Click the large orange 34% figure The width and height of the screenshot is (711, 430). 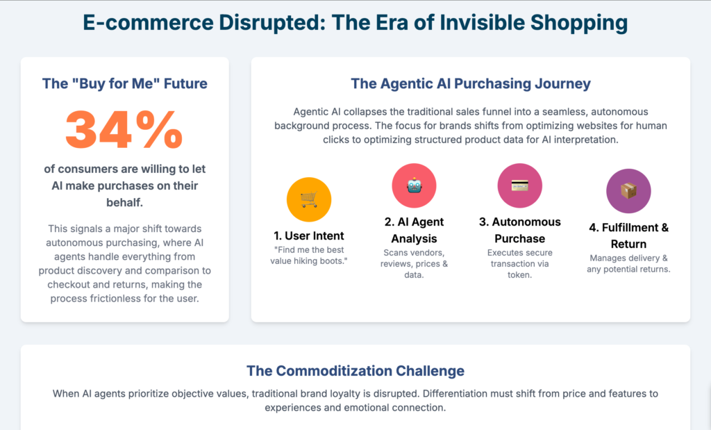pyautogui.click(x=124, y=130)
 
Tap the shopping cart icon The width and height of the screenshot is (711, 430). pyautogui.click(x=309, y=199)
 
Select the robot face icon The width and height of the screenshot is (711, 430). pyautogui.click(x=414, y=185)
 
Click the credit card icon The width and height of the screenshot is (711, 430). pyautogui.click(x=519, y=185)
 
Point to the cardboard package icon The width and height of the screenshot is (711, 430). pyautogui.click(x=628, y=191)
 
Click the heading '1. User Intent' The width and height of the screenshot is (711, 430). pyautogui.click(x=309, y=236)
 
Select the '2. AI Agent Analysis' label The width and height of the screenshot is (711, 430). pyautogui.click(x=414, y=230)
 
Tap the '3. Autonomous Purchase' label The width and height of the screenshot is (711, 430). pyautogui.click(x=519, y=230)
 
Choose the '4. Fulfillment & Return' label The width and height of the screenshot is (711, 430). pyautogui.click(x=628, y=235)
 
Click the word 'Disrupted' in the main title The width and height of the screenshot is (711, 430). pyautogui.click(x=272, y=23)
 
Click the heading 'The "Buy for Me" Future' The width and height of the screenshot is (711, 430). pyautogui.click(x=125, y=83)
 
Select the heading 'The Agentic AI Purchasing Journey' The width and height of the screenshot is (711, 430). pyautogui.click(x=471, y=84)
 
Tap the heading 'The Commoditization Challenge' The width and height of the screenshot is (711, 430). pyautogui.click(x=355, y=370)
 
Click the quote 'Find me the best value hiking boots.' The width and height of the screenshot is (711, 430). pyautogui.click(x=309, y=256)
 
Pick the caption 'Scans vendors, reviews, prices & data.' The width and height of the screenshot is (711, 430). pyautogui.click(x=414, y=263)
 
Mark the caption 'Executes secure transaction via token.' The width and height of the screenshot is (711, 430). pyautogui.click(x=519, y=263)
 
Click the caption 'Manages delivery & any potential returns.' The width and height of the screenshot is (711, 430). pyautogui.click(x=628, y=263)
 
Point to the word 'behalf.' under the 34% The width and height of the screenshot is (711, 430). pyautogui.click(x=125, y=202)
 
